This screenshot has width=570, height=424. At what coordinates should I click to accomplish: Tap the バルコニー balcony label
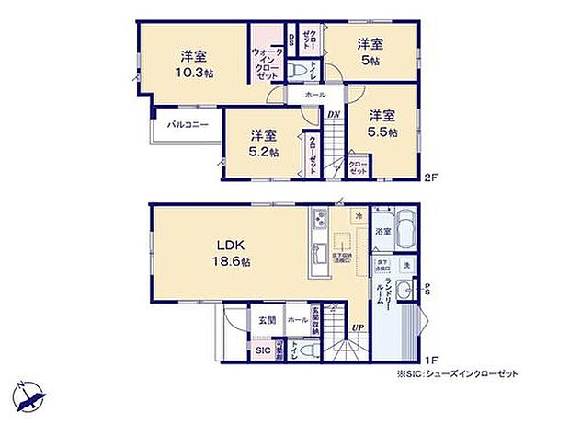187,124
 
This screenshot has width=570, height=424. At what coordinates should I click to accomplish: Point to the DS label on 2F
291,40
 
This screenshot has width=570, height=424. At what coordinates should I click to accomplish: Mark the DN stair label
335,115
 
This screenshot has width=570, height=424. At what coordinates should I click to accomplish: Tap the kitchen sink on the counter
319,253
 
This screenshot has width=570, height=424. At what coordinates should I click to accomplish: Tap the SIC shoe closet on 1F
263,350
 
